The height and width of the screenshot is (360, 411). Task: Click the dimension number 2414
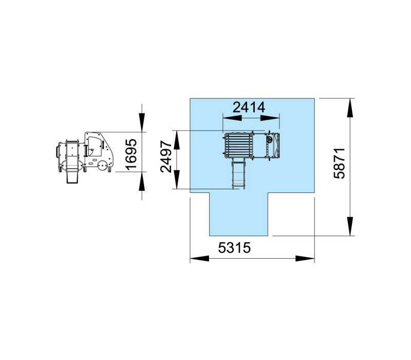249,107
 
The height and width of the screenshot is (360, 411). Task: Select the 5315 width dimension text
234,247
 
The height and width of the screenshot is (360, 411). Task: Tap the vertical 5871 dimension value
340,163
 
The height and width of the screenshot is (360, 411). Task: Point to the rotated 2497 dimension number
166,156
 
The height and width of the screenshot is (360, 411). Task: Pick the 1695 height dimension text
131,154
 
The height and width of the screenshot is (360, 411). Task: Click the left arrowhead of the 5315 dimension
199,259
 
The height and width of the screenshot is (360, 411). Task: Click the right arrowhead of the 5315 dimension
305,259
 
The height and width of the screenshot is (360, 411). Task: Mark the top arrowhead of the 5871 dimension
350,108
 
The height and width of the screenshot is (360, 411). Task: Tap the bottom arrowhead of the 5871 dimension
350,226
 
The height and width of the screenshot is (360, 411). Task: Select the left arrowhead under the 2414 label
232,118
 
